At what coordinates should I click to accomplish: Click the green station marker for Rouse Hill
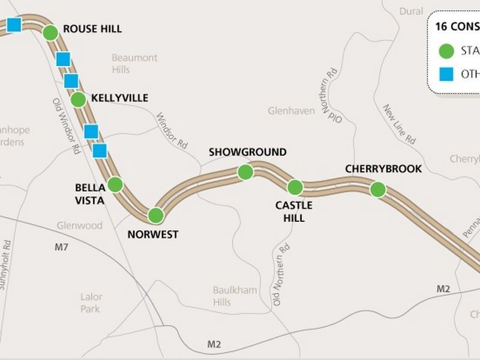tap(50, 33)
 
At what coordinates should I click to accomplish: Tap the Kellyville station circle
tap(78, 100)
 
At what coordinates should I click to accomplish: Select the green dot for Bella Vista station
tap(115, 184)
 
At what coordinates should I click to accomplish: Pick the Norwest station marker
tap(156, 215)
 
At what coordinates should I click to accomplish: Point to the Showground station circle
tap(245, 172)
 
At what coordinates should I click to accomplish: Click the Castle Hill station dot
tap(295, 187)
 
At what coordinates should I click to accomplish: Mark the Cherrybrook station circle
tap(377, 190)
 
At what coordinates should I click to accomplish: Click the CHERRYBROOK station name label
tap(383, 169)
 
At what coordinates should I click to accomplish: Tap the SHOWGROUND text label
tap(248, 152)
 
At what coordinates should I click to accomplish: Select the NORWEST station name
tap(153, 235)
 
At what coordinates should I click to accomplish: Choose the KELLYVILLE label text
tap(120, 98)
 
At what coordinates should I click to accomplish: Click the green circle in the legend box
tap(446, 52)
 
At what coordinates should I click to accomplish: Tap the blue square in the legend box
tap(446, 74)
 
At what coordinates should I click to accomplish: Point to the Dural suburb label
tap(412, 11)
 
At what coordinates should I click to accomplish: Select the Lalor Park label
tap(91, 302)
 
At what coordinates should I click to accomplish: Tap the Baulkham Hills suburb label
tap(235, 296)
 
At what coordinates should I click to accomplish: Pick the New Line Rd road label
tap(399, 124)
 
